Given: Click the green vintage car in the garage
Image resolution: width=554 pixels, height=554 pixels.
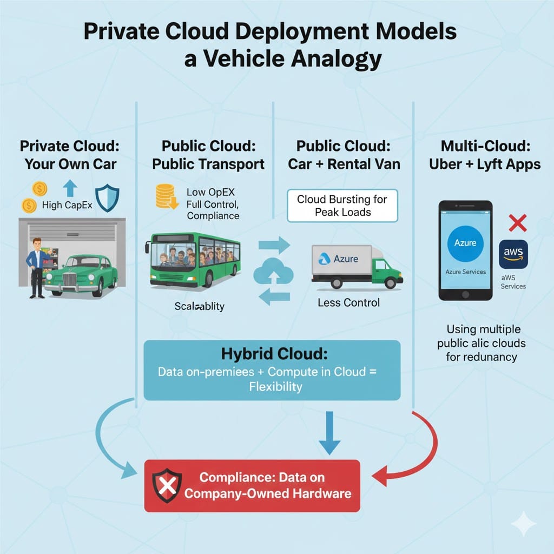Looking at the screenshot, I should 81,275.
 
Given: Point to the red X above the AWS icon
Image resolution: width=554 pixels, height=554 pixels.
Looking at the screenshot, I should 518,223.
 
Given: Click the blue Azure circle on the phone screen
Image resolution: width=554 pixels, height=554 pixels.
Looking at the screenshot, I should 465,243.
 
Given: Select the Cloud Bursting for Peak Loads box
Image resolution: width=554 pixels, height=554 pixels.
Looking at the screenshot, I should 342,206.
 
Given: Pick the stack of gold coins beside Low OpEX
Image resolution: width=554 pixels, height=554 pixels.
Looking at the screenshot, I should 166,196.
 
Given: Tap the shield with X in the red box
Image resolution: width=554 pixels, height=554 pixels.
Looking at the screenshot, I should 166,485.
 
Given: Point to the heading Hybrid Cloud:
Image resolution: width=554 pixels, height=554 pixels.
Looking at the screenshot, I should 274,355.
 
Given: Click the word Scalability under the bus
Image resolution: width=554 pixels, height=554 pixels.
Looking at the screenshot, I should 199,306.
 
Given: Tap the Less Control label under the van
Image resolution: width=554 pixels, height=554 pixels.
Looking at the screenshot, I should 348,302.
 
